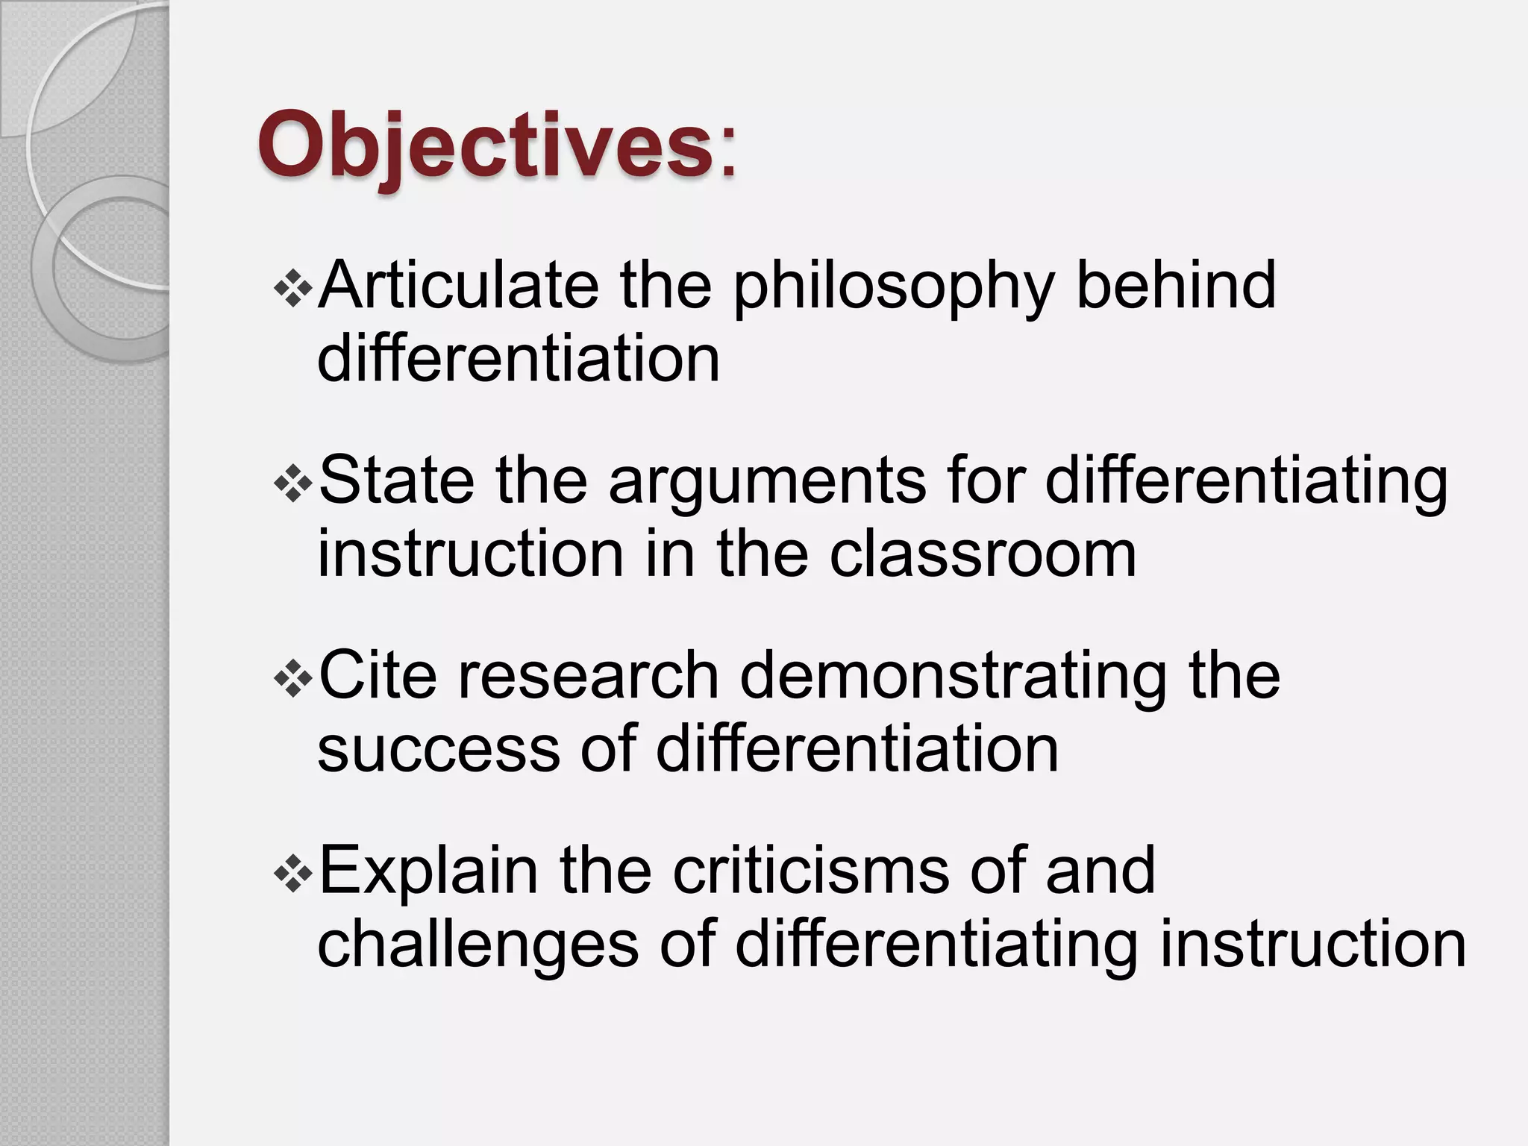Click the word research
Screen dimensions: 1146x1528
pyautogui.click(x=588, y=675)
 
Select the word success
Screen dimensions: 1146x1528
pyautogui.click(x=439, y=750)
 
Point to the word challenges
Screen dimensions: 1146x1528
pyautogui.click(x=478, y=946)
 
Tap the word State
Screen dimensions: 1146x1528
pyautogui.click(x=396, y=481)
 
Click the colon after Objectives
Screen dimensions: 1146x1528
pyautogui.click(x=727, y=153)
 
